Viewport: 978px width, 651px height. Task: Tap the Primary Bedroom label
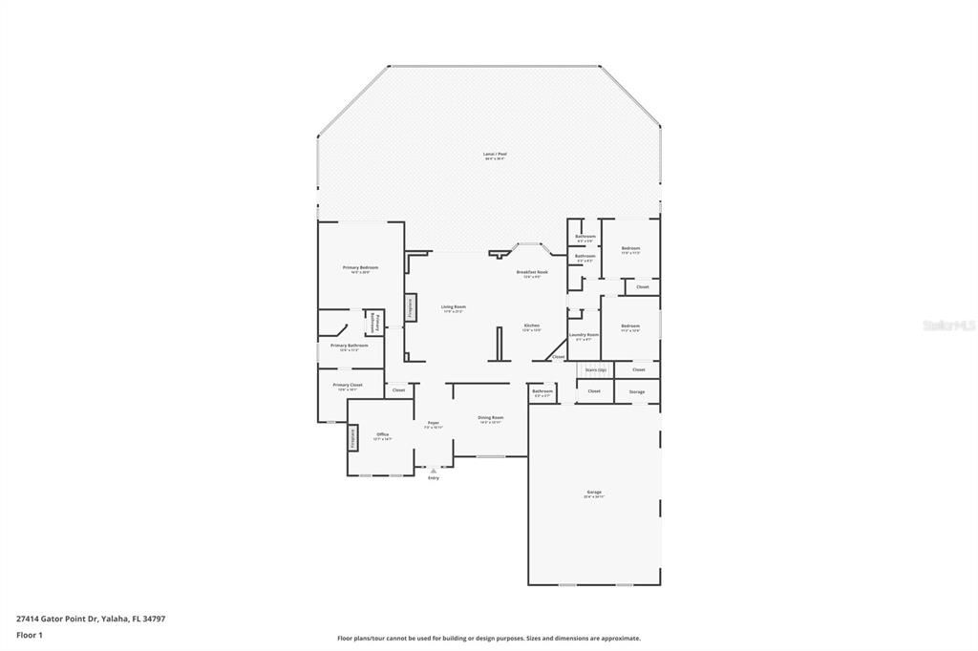(x=360, y=268)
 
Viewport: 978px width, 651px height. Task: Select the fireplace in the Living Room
(x=410, y=306)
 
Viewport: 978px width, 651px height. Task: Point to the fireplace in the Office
(x=351, y=437)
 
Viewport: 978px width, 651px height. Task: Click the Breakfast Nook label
(x=532, y=272)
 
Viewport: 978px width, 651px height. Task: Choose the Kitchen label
(x=531, y=325)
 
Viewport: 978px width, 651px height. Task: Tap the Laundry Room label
(x=584, y=335)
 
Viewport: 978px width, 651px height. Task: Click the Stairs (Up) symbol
(x=595, y=369)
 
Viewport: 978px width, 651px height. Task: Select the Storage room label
(x=636, y=391)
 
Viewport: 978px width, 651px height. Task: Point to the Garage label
(x=594, y=493)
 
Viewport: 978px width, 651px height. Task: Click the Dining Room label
(x=491, y=418)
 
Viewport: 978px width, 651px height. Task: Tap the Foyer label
(x=433, y=424)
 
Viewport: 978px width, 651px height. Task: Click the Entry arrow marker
(x=434, y=471)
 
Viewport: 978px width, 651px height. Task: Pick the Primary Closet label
(x=348, y=386)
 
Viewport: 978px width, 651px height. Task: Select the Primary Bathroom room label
(x=350, y=346)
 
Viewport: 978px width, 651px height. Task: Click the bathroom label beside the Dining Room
(x=542, y=391)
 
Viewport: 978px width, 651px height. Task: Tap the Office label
(x=382, y=435)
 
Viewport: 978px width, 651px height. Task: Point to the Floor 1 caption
(x=30, y=634)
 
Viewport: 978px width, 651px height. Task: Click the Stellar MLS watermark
(x=948, y=325)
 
